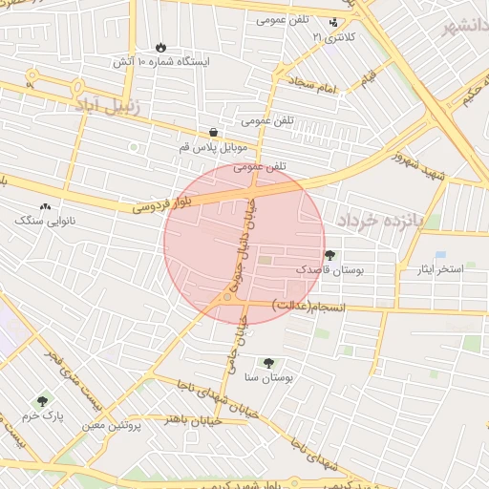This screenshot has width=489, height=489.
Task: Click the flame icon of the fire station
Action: [159, 47]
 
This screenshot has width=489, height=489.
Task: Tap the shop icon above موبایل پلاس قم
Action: [212, 133]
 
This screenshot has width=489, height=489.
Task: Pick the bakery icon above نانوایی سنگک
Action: [45, 206]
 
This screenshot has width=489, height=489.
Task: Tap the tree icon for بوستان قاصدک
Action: [330, 255]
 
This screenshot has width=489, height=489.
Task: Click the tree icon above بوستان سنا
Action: [268, 363]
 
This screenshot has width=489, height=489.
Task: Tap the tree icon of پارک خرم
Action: [41, 402]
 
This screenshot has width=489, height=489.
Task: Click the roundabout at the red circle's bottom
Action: [227, 298]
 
